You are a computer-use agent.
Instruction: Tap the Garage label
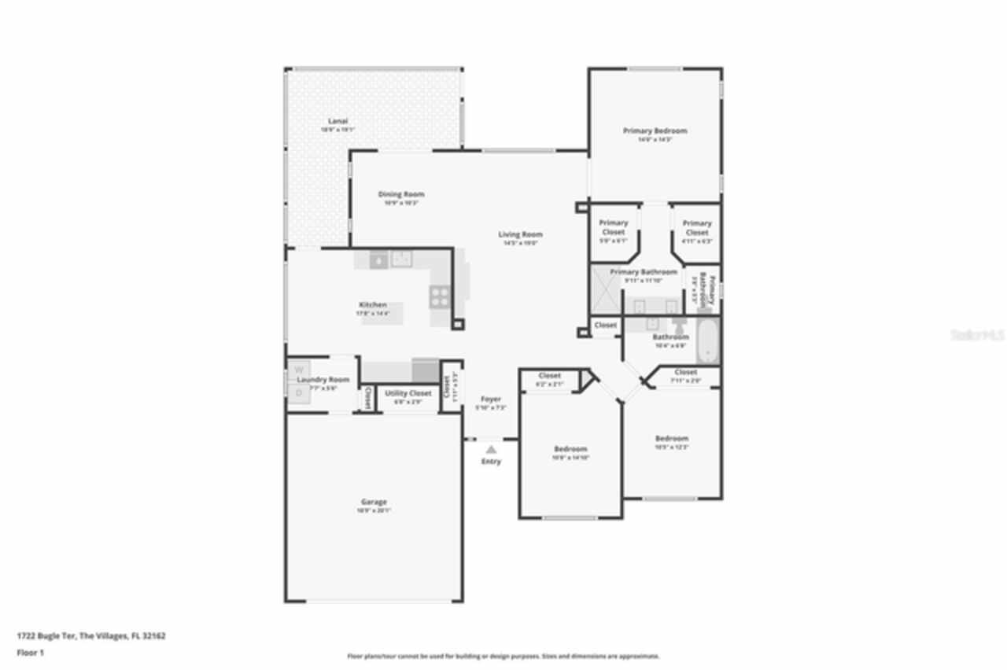(374, 502)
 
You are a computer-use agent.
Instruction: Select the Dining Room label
(401, 194)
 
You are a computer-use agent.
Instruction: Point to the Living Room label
(520, 234)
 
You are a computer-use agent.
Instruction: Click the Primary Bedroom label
(655, 131)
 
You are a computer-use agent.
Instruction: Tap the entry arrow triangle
(491, 449)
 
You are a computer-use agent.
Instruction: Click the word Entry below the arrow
(491, 462)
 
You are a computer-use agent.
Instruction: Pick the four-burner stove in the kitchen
(439, 296)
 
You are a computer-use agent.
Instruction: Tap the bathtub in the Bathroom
(708, 341)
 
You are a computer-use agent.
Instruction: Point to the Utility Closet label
(408, 393)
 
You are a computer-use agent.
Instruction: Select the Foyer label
(491, 399)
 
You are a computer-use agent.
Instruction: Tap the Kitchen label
(373, 304)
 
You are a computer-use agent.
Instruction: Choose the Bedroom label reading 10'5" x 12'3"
(672, 439)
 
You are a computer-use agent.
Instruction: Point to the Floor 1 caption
(31, 653)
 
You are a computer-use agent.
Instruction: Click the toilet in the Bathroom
(678, 326)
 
